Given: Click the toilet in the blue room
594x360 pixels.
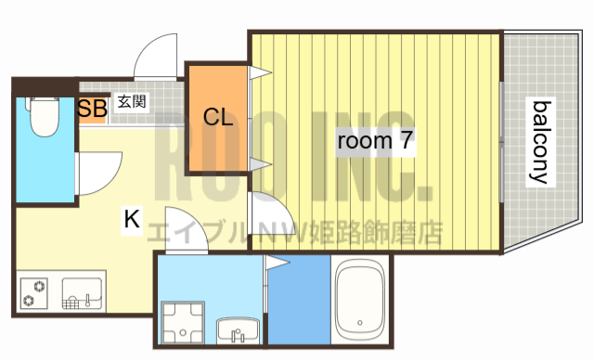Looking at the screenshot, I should (43, 118).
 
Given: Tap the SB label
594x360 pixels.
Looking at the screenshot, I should (92, 108).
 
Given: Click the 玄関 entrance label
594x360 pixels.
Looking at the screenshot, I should (131, 103).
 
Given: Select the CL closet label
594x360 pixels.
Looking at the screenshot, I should (217, 117).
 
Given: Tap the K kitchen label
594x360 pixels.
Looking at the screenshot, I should (133, 220).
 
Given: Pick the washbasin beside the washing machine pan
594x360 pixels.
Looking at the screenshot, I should (240, 328).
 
